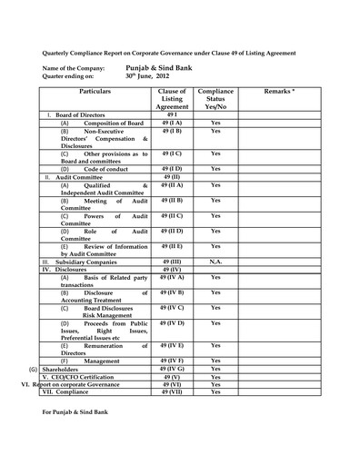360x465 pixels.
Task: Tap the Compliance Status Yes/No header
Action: tap(215, 98)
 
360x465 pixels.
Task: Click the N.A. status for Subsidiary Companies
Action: tap(215, 261)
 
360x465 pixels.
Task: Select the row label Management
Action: tap(101, 361)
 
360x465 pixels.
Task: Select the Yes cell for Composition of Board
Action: tap(215, 122)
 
